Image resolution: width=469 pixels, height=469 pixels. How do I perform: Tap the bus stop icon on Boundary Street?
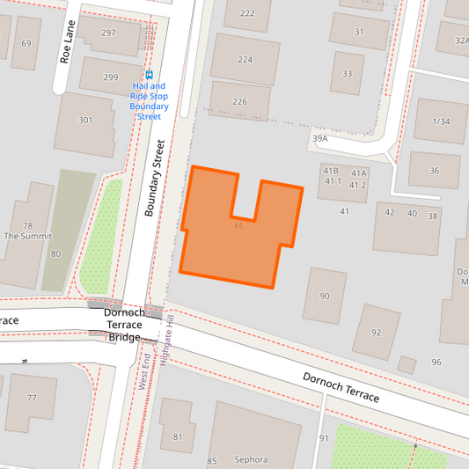149,76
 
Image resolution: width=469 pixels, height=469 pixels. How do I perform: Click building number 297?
108,33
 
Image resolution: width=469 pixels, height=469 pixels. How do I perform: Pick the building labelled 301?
84,121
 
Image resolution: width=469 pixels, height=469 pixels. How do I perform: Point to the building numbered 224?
245,60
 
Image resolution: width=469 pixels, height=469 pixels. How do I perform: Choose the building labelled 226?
239,101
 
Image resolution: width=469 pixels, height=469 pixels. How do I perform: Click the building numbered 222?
247,13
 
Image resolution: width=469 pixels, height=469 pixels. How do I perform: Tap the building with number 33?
348,74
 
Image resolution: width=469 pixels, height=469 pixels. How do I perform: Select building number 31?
359,32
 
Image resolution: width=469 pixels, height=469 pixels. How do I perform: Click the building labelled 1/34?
441,121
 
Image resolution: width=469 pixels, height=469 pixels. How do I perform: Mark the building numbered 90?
325,296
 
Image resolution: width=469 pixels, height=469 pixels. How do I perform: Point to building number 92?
376,332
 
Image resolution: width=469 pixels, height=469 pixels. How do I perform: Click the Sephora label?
251,459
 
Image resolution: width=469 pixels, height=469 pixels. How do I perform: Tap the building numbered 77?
33,399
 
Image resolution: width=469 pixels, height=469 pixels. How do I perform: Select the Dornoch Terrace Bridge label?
124,325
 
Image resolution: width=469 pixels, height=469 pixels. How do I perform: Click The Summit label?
27,236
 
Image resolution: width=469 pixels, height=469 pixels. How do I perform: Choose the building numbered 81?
177,436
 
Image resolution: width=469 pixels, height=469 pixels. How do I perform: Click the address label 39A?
319,138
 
